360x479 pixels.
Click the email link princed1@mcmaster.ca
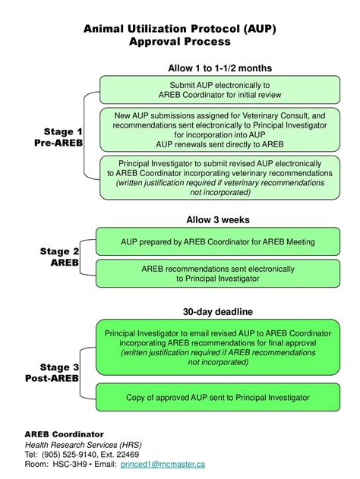tap(163, 465)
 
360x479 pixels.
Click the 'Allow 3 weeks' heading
tap(218, 219)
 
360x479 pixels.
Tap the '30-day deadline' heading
tap(218, 311)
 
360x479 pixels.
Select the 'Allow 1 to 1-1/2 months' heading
tap(219, 68)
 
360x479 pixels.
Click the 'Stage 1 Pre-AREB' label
tap(58, 137)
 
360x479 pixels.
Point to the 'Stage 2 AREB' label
tap(59, 257)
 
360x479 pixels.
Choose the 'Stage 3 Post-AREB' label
tap(52, 373)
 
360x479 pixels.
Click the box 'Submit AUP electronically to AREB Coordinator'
tap(219, 90)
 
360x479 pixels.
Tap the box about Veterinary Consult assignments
tap(219, 130)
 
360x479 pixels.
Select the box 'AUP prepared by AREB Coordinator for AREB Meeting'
tap(218, 241)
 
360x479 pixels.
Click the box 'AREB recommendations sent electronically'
tap(218, 273)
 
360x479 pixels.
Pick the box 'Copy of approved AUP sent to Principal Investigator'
tap(218, 397)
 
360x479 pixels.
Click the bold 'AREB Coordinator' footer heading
tap(64, 434)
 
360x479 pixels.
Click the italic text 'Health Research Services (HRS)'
tap(83, 445)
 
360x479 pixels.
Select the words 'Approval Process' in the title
tap(180, 42)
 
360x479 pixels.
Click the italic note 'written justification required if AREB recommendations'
tap(218, 352)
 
